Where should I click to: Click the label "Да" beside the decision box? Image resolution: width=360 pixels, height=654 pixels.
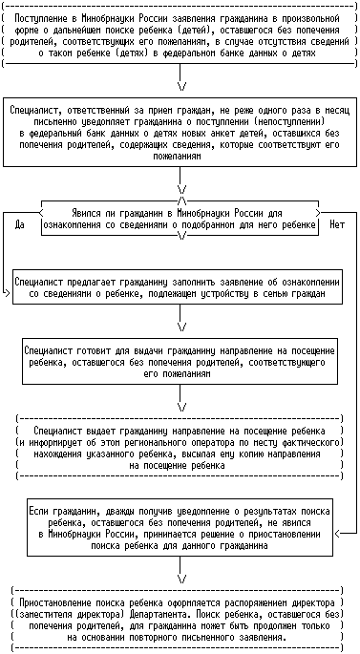[19, 224]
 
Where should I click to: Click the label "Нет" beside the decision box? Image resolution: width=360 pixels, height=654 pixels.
[337, 224]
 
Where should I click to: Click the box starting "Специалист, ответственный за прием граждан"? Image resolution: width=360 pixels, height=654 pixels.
[180, 132]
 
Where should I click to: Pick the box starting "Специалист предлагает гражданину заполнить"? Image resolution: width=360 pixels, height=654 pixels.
[178, 286]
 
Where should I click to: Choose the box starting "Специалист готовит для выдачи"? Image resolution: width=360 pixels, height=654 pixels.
[180, 361]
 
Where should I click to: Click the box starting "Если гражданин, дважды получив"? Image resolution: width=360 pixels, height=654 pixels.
[180, 527]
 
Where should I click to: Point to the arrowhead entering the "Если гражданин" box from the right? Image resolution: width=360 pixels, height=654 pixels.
[337, 534]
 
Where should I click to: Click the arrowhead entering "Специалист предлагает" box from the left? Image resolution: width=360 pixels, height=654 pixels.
[7, 293]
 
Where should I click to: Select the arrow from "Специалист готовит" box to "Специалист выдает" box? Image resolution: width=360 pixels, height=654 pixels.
[180, 397]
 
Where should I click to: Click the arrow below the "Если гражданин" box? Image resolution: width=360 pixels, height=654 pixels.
[180, 569]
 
